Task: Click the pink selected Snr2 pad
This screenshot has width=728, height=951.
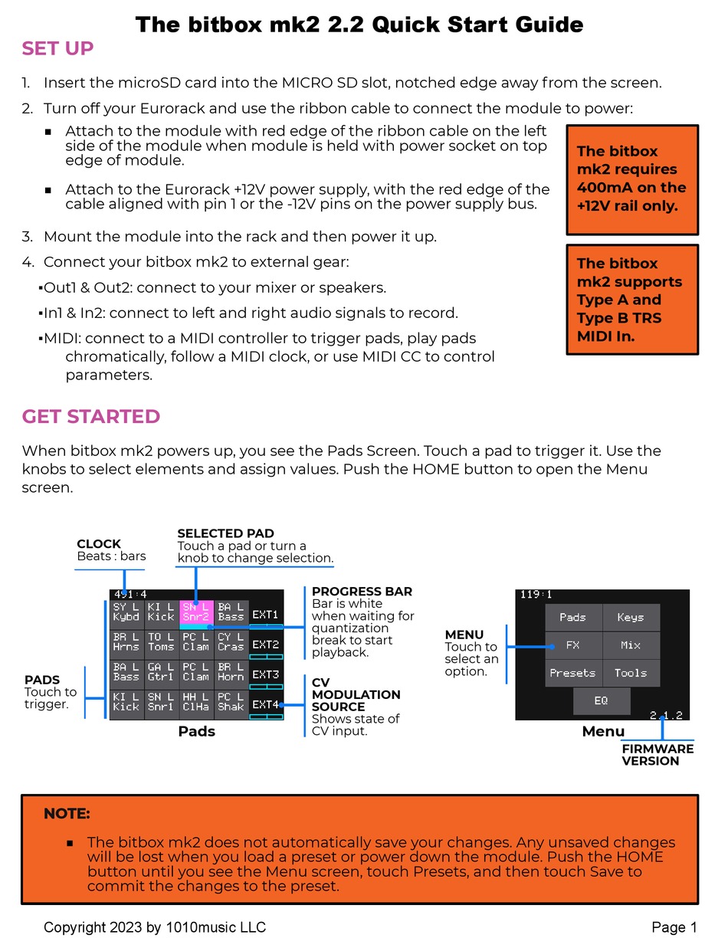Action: coord(195,612)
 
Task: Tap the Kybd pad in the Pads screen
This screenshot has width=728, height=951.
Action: coord(126,612)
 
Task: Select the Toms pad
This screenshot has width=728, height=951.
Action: coord(161,642)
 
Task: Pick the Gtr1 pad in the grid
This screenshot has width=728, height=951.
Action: coord(161,672)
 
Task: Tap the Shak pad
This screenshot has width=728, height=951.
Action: coord(231,702)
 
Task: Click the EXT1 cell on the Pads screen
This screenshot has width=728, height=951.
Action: coord(266,615)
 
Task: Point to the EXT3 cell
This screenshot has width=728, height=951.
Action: coord(266,674)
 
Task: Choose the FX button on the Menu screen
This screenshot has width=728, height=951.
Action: coord(573,645)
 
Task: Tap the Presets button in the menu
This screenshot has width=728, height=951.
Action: coord(573,673)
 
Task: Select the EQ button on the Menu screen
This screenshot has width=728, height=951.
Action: coord(602,700)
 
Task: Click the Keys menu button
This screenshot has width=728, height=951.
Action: coord(631,617)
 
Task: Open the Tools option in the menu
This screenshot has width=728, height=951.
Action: coord(631,673)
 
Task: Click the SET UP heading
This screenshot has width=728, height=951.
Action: coord(57,48)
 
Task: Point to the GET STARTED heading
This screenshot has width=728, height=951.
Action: coord(91,417)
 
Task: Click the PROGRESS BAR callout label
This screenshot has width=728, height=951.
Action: coord(362,592)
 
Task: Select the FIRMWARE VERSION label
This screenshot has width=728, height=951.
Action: coord(657,755)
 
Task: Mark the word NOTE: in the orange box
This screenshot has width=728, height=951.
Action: coord(67,814)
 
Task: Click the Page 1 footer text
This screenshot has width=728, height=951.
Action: coord(674,927)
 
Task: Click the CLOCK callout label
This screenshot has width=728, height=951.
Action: coord(99,544)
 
